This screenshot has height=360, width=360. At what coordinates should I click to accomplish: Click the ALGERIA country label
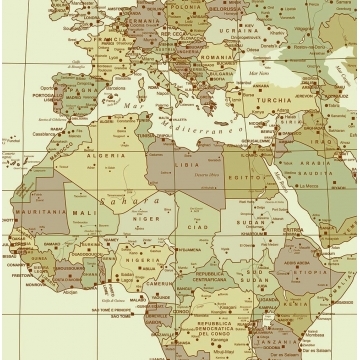click(x=107, y=157)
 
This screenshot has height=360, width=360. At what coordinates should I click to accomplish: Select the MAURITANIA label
click(x=40, y=211)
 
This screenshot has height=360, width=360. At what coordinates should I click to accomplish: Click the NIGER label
click(x=146, y=218)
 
